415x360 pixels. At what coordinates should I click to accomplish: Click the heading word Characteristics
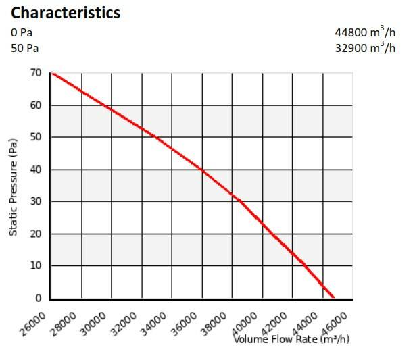point(66,13)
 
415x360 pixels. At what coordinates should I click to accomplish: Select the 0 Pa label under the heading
point(22,32)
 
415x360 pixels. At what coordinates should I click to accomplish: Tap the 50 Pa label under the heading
point(24,48)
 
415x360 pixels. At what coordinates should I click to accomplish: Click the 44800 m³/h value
point(365,32)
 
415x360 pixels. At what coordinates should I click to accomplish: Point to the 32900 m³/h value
point(365,47)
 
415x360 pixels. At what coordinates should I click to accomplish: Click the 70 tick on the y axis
point(36,73)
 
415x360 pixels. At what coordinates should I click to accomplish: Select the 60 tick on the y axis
point(36,105)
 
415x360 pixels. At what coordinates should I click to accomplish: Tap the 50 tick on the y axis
point(36,137)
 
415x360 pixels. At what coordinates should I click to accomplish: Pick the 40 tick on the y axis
point(36,170)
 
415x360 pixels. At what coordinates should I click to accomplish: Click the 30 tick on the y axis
point(36,201)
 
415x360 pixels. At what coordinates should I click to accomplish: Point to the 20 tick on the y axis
point(36,234)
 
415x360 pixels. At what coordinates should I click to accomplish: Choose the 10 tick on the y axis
point(36,265)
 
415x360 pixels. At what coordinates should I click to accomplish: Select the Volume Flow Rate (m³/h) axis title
point(292,338)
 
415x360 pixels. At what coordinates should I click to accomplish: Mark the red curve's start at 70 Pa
point(52,73)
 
